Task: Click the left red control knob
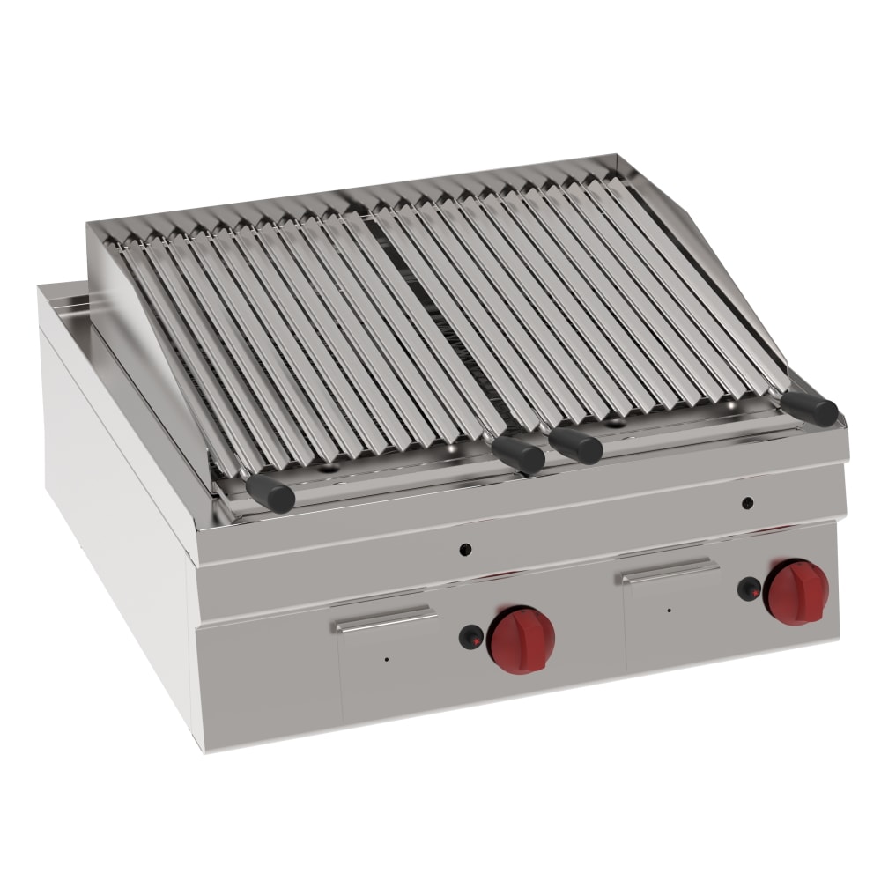point(522,640)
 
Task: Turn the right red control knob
point(796,591)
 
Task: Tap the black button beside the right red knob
point(748,589)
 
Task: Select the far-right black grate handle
point(810,407)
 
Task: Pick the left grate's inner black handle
point(518,453)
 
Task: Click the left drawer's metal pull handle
point(385,621)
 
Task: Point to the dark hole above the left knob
point(466,551)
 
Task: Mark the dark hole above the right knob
point(747,503)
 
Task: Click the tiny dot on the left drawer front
point(385,659)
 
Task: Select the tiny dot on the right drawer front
point(669,610)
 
